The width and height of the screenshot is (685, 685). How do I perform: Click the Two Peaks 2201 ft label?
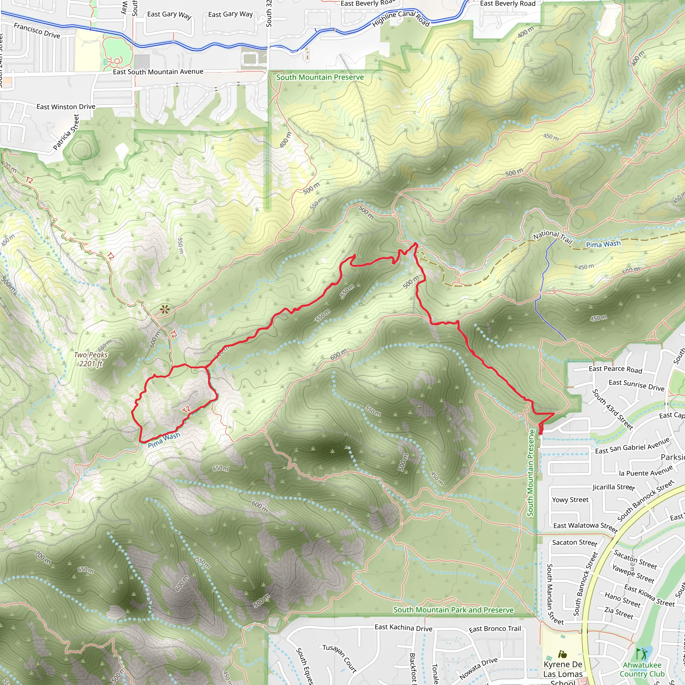click(90, 359)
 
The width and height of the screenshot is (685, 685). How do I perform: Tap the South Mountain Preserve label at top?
click(320, 77)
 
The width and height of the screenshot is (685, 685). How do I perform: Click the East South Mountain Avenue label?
click(158, 72)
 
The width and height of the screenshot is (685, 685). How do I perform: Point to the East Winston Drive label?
click(66, 107)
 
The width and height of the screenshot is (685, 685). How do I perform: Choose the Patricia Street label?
click(66, 132)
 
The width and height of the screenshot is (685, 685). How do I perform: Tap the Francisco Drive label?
click(37, 30)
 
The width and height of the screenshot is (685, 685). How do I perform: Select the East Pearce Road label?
click(615, 369)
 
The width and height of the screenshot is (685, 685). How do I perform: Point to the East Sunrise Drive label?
click(637, 385)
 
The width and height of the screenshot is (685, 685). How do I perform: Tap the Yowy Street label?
click(570, 500)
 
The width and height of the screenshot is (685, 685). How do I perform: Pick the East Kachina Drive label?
click(403, 628)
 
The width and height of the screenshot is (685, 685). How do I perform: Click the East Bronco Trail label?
click(495, 629)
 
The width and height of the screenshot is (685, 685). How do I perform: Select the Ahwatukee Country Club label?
click(642, 669)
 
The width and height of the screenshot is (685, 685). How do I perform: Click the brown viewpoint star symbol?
click(165, 310)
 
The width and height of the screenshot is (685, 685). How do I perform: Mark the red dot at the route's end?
click(541, 433)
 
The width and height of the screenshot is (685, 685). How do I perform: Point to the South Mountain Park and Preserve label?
click(453, 610)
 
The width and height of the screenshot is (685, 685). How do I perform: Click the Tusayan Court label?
click(339, 658)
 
